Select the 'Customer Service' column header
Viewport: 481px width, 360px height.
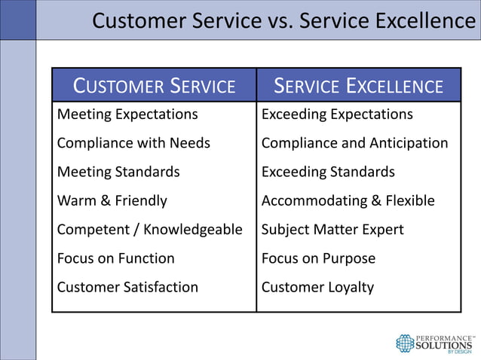click(154, 86)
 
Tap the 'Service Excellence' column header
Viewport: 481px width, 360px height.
click(358, 86)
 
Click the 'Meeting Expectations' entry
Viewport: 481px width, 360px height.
click(127, 114)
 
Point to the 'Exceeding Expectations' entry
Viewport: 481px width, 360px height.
click(337, 114)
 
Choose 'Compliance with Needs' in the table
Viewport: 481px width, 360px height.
click(133, 143)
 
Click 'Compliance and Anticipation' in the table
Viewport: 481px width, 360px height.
click(354, 143)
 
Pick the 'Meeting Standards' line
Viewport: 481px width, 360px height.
click(118, 172)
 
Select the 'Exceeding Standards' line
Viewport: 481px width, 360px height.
click(328, 172)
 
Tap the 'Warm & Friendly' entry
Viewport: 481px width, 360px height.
click(112, 201)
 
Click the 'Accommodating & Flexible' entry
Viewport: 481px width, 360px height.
click(348, 201)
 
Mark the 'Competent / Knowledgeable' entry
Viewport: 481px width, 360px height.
click(150, 230)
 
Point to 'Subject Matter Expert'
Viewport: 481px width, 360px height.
click(332, 230)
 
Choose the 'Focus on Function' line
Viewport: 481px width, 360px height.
click(116, 258)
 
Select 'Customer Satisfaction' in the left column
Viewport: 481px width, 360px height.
click(127, 287)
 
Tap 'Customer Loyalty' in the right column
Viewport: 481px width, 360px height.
click(317, 287)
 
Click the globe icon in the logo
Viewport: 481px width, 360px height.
click(406, 343)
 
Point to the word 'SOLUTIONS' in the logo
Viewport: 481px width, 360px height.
click(446, 345)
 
